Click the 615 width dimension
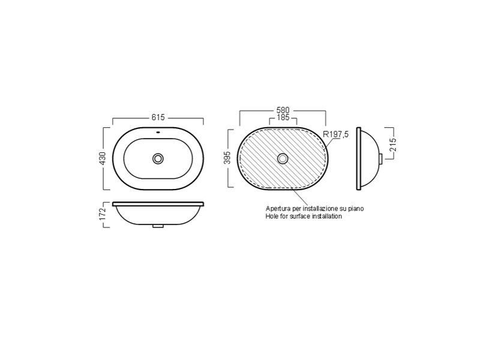158,117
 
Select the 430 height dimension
102,158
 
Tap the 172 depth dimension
102,214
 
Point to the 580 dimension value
283,110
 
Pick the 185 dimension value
283,117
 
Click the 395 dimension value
227,158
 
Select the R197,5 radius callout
336,134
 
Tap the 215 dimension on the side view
393,145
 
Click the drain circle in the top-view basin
158,158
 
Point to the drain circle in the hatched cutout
283,158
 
